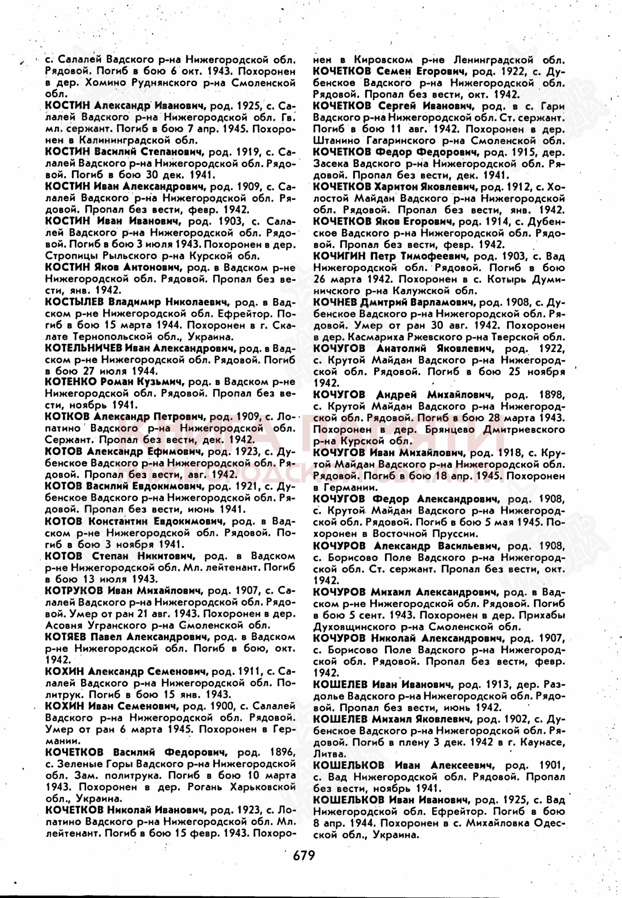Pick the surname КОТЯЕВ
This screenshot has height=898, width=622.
click(66, 637)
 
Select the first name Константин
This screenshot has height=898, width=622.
click(118, 521)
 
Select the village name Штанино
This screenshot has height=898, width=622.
click(333, 141)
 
